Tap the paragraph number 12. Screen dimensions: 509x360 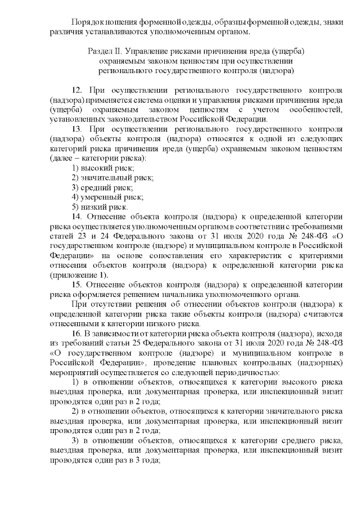(78, 90)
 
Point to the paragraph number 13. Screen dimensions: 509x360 (78, 128)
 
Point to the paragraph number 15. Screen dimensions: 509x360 (78, 285)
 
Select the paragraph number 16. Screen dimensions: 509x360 (78, 334)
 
